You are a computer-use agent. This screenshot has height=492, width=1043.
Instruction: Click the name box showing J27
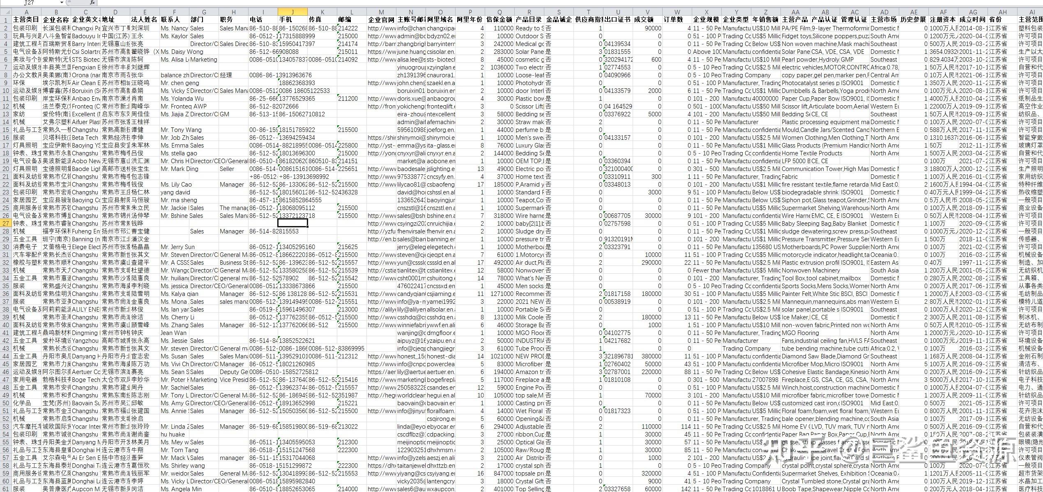click(x=29, y=2)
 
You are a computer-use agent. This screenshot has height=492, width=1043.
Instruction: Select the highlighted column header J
click(x=292, y=12)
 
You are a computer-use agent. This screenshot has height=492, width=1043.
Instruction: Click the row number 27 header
click(x=6, y=223)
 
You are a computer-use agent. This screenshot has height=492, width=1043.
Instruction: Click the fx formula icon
click(x=92, y=2)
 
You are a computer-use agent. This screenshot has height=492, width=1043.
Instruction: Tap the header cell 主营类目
click(x=26, y=20)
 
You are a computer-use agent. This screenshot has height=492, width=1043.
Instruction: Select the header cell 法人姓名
click(x=145, y=20)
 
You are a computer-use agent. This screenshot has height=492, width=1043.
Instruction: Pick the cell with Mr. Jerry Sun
click(x=177, y=247)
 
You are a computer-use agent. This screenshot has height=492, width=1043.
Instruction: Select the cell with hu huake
click(x=173, y=434)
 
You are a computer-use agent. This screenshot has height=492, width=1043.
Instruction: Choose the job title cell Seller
click(x=227, y=169)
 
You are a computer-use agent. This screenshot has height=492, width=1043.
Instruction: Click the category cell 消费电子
click(x=25, y=247)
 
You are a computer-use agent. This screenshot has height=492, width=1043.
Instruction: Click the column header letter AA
click(x=795, y=12)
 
